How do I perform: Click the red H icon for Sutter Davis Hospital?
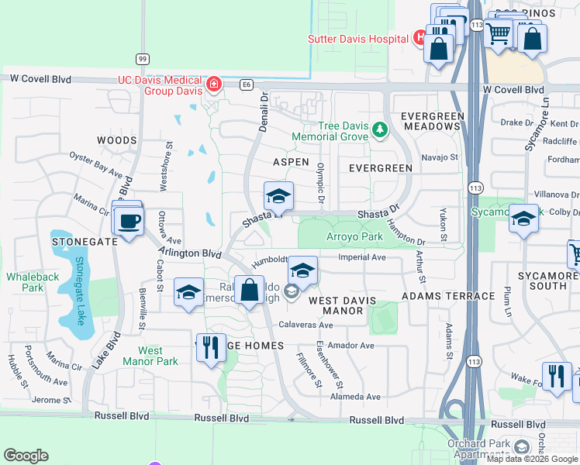419,37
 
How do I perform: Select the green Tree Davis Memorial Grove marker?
379,129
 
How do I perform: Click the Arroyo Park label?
354,236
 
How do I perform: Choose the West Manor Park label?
151,356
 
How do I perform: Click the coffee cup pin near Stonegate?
128,221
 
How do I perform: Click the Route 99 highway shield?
142,59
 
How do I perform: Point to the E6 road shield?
247,83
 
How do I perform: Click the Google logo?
26,456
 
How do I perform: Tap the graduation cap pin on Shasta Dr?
278,196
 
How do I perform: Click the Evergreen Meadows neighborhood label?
432,121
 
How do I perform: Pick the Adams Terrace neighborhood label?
448,296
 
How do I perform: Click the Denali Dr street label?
264,113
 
